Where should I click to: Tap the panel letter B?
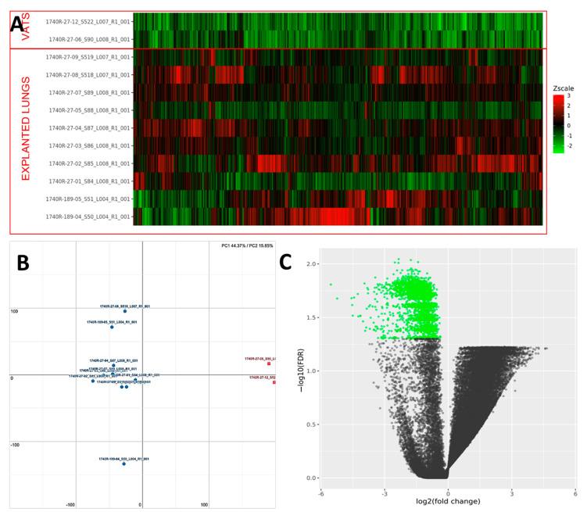click(23, 263)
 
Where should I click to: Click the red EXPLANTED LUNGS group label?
click(26, 128)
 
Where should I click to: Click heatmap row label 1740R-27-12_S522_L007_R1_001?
click(88, 22)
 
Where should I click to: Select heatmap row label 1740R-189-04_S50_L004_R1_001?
click(88, 217)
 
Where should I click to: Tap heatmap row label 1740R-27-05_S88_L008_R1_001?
click(88, 110)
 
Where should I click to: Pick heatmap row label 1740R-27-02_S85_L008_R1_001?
click(88, 163)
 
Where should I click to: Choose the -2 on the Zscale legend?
click(578, 145)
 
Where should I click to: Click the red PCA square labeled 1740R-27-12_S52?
click(274, 382)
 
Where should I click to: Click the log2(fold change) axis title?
click(447, 501)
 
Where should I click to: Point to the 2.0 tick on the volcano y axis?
click(312, 264)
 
